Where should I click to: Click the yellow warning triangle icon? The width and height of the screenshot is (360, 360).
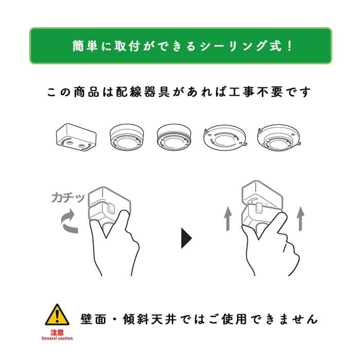coord(57,315)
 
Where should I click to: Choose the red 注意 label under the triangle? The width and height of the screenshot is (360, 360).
coord(57,332)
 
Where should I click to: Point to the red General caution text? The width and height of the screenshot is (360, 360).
coord(57,338)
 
